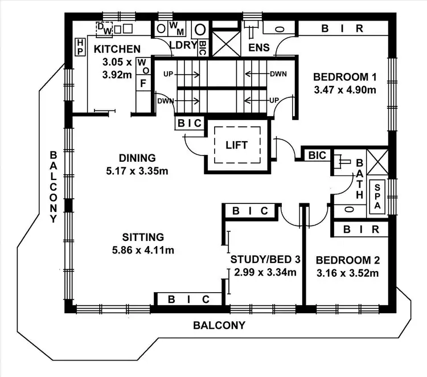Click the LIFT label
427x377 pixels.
tap(236, 145)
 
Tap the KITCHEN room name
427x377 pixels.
tap(117, 48)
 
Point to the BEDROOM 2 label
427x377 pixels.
tap(347, 260)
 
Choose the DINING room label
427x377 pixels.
tap(137, 158)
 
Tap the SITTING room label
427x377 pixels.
tap(143, 237)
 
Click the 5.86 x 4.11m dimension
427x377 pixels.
tap(143, 249)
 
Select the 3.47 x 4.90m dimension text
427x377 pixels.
tap(345, 90)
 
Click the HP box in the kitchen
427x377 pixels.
tap(80, 47)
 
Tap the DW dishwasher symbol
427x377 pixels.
tap(105, 27)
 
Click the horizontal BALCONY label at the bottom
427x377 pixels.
tap(219, 326)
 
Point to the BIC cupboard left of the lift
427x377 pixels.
tap(188, 123)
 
